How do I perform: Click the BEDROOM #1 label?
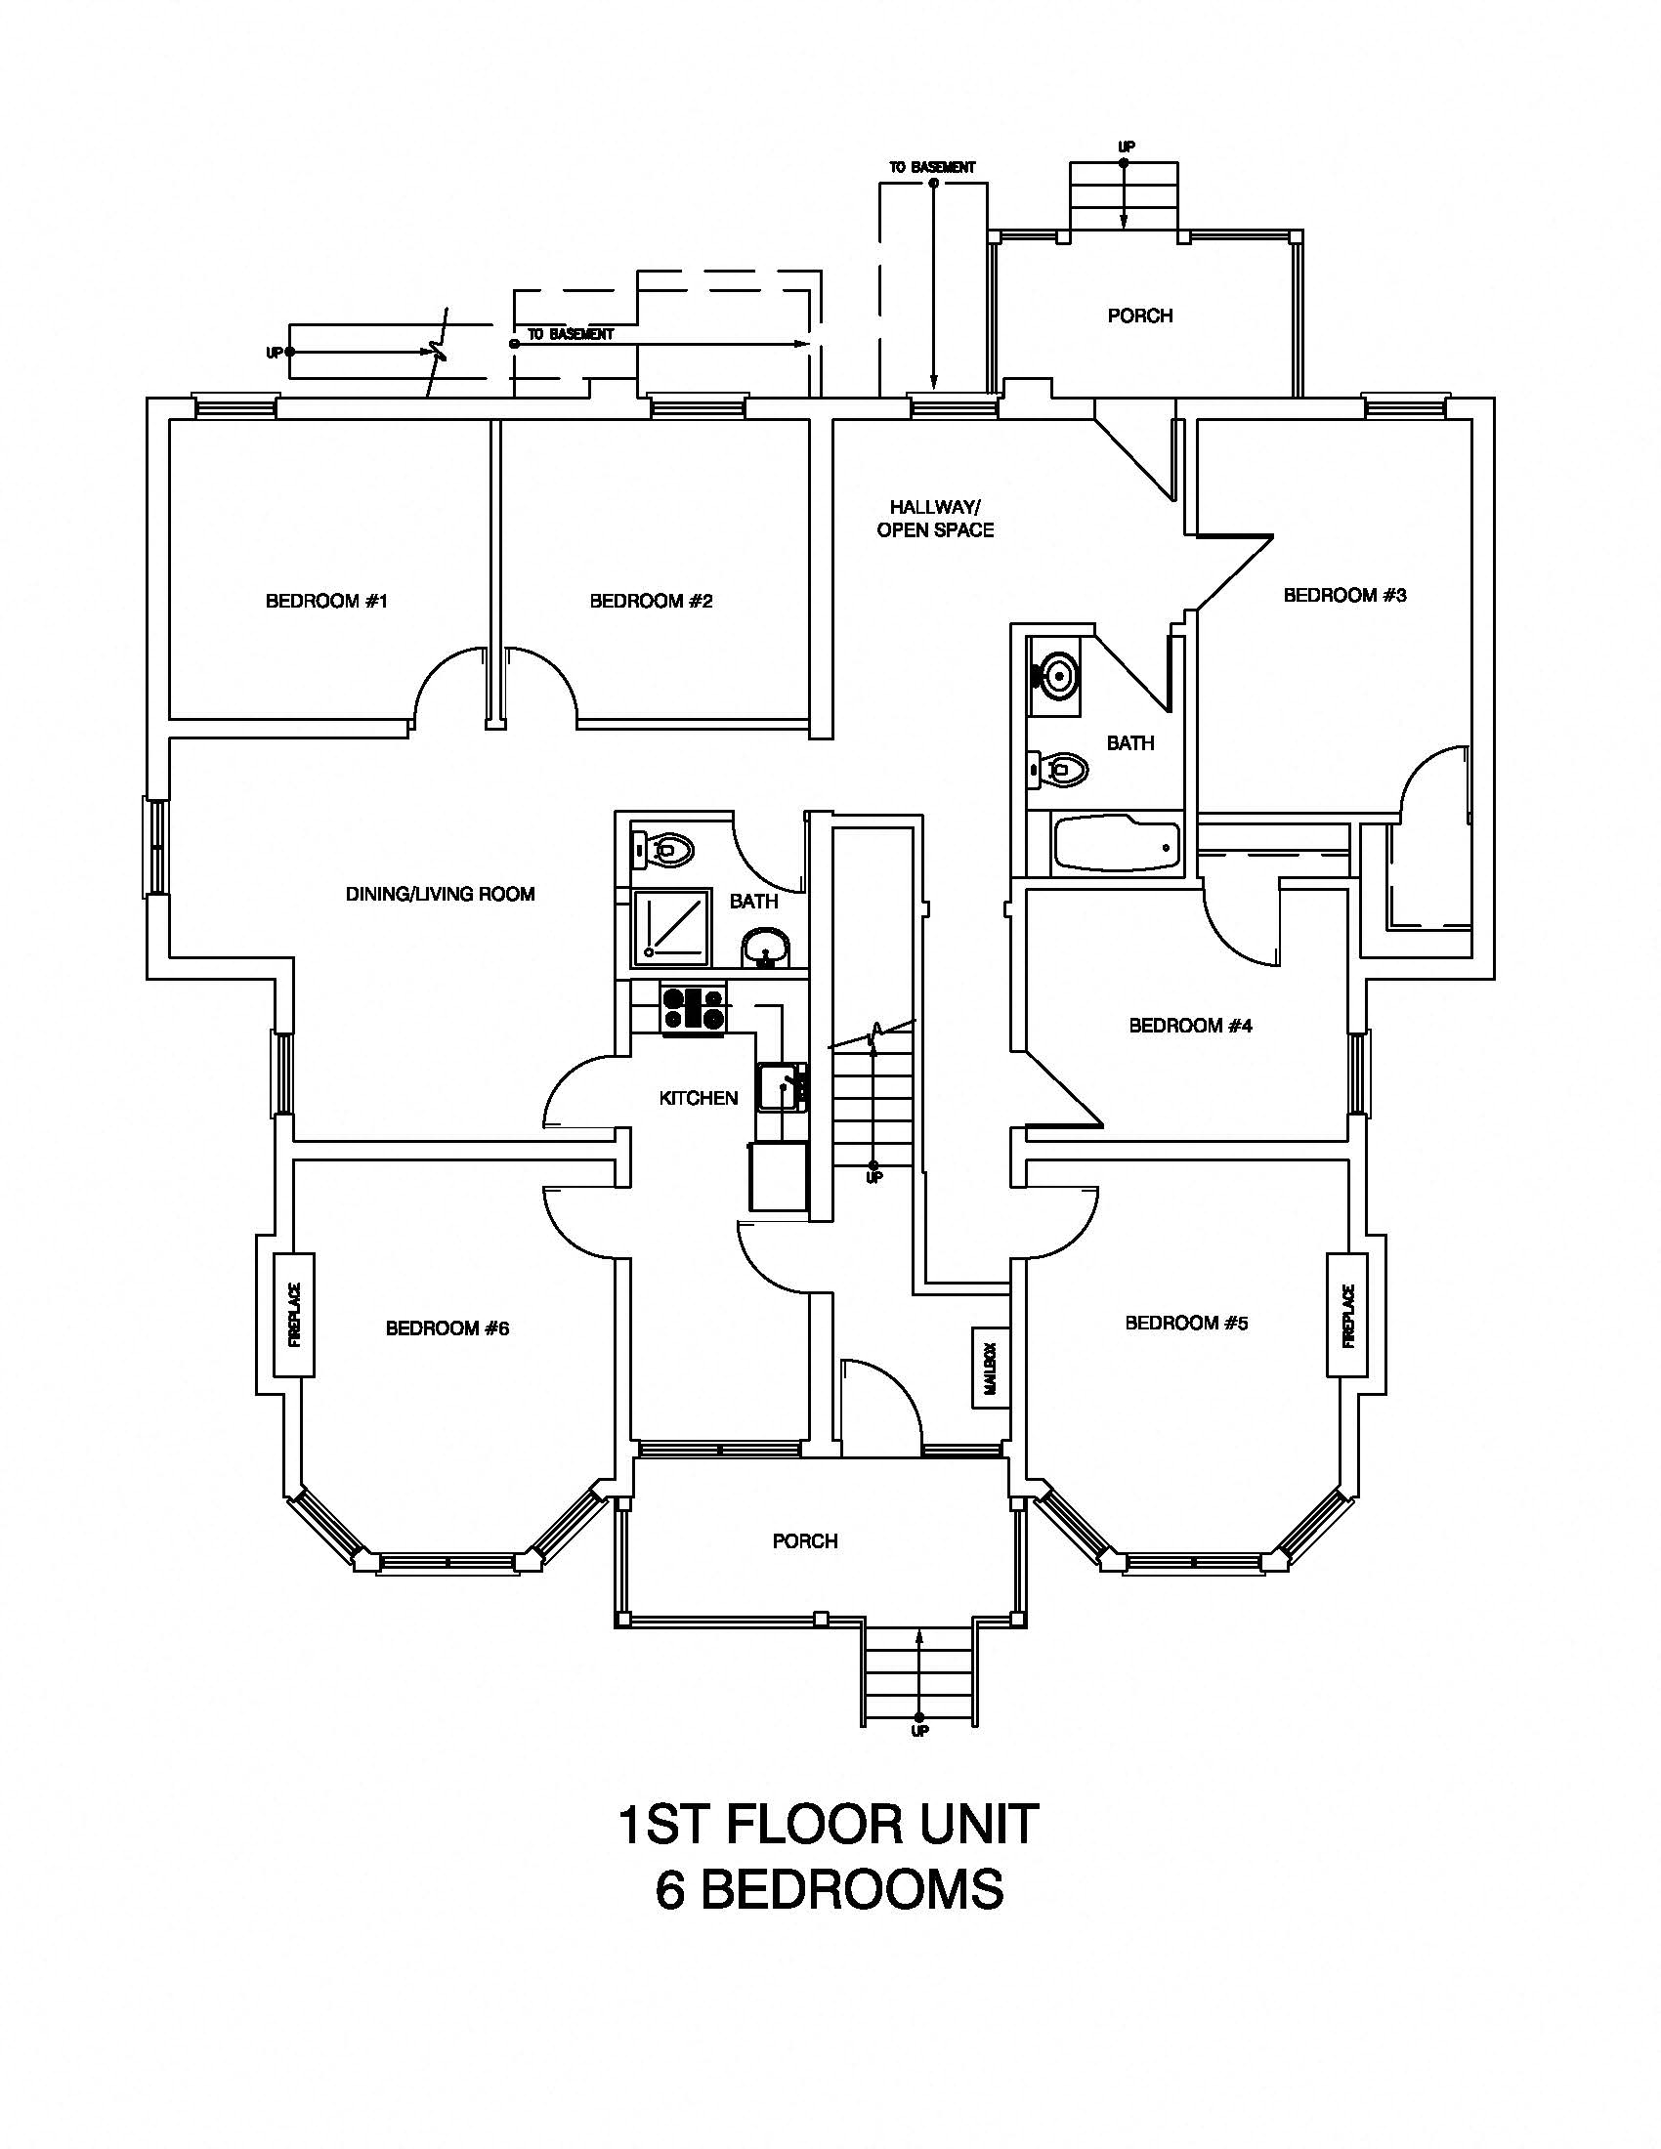click(x=326, y=601)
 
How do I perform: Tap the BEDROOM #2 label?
click(x=651, y=601)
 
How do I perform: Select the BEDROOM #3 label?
click(x=1344, y=595)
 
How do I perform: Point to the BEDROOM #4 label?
click(x=1190, y=1027)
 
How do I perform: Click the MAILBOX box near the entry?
click(x=990, y=1369)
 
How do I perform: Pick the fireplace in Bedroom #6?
click(x=293, y=1315)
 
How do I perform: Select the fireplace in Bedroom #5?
click(x=1347, y=1316)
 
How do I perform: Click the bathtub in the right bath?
click(x=1117, y=843)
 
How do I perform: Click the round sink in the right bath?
click(x=1055, y=675)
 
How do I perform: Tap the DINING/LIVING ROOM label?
click(x=440, y=895)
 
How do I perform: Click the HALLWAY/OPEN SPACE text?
click(x=935, y=519)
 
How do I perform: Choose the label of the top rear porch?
click(x=1139, y=316)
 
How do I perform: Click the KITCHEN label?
click(x=698, y=1098)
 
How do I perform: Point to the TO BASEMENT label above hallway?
click(x=932, y=168)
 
